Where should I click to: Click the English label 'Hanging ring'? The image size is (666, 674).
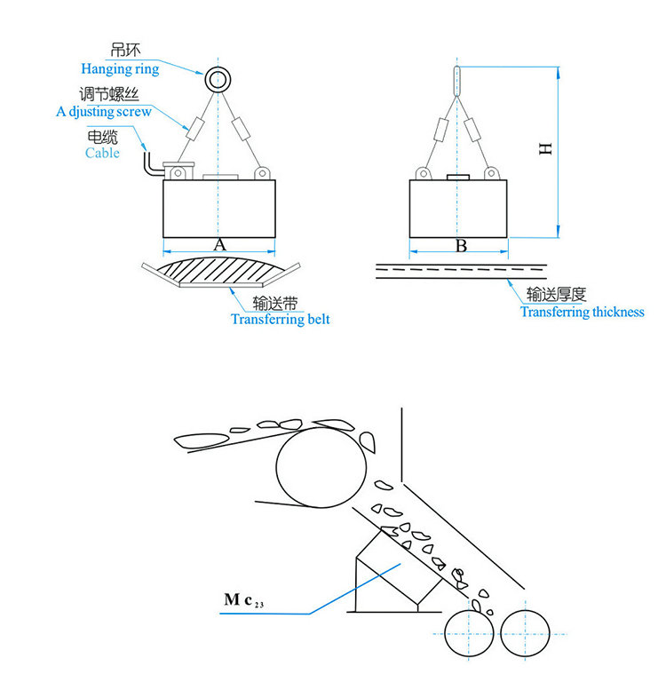click(120, 69)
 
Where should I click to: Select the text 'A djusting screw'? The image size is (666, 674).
click(104, 112)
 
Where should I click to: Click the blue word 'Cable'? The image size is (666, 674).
click(102, 153)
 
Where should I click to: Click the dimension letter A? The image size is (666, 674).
click(219, 245)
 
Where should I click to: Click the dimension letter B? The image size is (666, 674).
click(462, 246)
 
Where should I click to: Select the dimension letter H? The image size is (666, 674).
click(545, 148)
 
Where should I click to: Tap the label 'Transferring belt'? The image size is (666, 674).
click(281, 320)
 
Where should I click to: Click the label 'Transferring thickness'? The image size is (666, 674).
click(583, 312)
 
